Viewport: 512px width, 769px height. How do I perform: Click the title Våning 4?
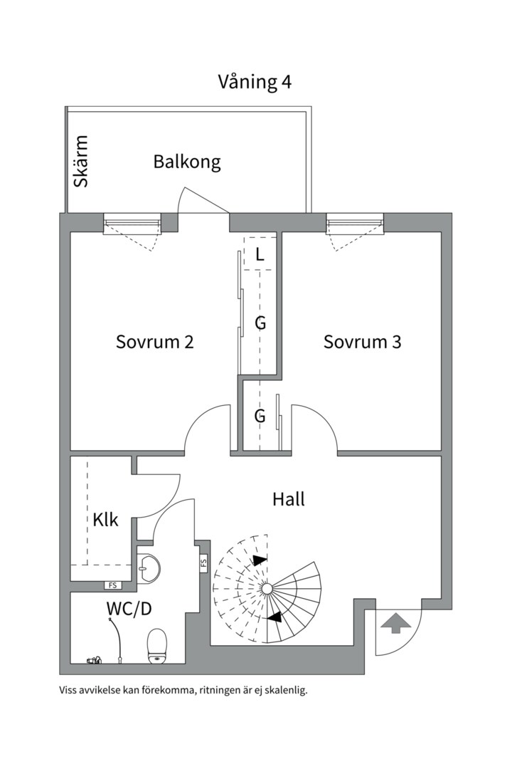pos(255,82)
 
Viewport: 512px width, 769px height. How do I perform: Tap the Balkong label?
pos(187,162)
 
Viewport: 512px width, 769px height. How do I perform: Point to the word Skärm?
pos(82,161)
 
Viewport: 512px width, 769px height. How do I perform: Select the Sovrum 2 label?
pos(155,342)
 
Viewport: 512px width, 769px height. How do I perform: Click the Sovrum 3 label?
pos(362,342)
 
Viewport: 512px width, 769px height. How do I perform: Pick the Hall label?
pos(289,499)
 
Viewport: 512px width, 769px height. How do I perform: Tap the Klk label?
pos(106,519)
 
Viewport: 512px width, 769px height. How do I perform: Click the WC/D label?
pos(129,609)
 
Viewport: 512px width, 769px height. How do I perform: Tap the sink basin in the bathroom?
pos(149,568)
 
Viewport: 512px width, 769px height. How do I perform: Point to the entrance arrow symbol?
pos(396,624)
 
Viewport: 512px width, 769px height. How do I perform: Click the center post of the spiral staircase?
pos(266,589)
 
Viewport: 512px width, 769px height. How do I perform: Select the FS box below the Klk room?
pos(112,585)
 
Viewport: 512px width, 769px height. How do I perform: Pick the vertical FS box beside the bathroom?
pos(203,563)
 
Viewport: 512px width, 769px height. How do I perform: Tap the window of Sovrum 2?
pos(132,225)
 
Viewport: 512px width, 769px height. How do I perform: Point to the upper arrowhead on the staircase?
pos(260,560)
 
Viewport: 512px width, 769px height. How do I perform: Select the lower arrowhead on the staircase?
pos(273,617)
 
